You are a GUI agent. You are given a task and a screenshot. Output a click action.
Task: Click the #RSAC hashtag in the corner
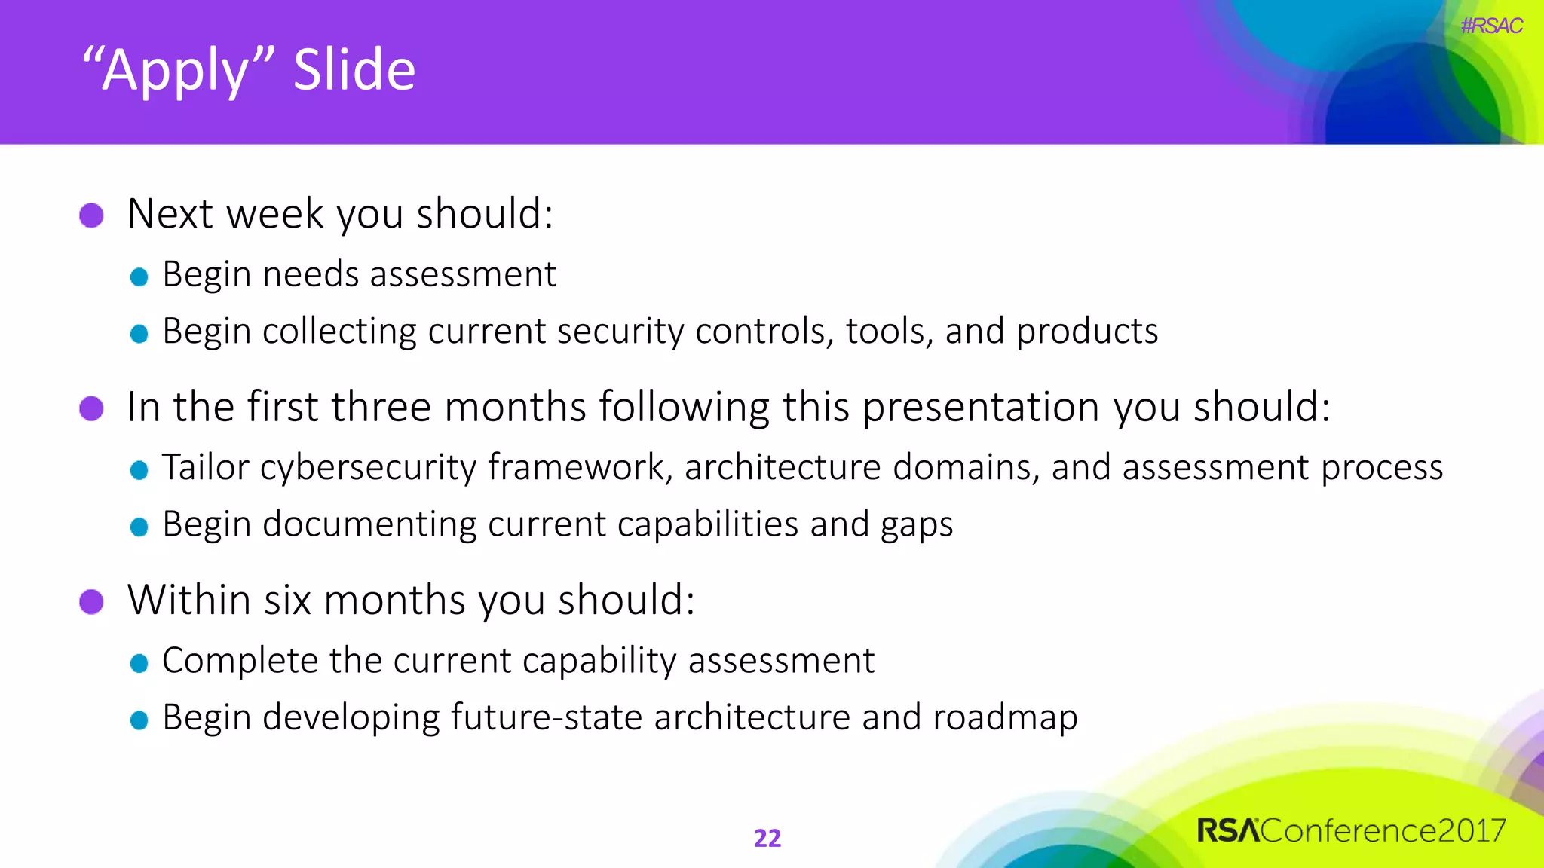[x=1490, y=26]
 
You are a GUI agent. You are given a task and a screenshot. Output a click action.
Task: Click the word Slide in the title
[x=354, y=70]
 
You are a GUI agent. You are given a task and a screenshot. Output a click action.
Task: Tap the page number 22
[x=767, y=838]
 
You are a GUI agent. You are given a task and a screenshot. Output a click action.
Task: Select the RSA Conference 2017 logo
[x=1351, y=830]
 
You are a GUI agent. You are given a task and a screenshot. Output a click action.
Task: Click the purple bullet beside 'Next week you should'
[x=91, y=215]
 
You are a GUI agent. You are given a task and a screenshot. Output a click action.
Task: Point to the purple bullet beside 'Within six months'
[x=91, y=602]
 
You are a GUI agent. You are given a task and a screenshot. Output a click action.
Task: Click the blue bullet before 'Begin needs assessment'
[x=139, y=277]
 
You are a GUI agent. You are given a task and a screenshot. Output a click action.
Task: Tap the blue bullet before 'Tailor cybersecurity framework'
[x=139, y=470]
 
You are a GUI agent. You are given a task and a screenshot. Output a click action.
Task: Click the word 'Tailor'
[x=205, y=467]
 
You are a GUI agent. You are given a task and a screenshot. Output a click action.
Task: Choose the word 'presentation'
[x=981, y=408]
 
